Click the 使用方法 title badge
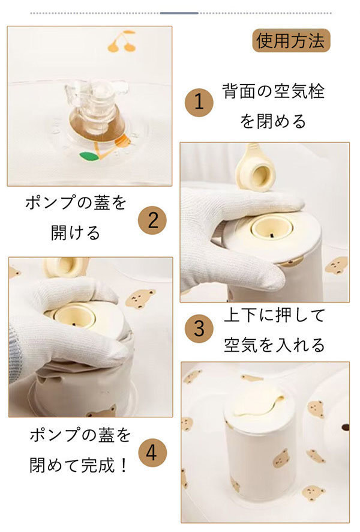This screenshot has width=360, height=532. [x=291, y=40]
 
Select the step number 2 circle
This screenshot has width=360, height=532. [x=152, y=220]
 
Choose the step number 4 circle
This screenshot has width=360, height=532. [x=152, y=452]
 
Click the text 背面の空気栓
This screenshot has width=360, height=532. [x=273, y=91]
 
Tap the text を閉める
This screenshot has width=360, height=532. [x=273, y=121]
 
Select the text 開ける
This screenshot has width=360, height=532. [x=75, y=232]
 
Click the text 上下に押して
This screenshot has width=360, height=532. [x=274, y=315]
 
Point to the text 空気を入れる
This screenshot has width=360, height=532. [x=274, y=344]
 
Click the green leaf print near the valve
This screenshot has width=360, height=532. [x=89, y=156]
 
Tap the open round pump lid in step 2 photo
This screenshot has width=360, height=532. [x=256, y=169]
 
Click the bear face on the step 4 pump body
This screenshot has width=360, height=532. [x=283, y=461]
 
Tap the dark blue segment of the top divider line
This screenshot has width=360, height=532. [x=179, y=13]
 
